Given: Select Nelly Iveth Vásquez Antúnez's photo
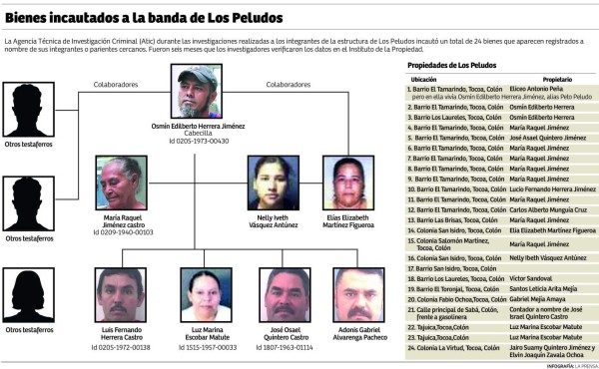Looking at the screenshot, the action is point(273,183).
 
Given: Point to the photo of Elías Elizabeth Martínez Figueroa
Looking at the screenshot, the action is point(348,183).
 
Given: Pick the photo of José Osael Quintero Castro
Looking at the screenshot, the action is point(284,295).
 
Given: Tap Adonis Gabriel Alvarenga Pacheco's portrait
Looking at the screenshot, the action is point(358,295).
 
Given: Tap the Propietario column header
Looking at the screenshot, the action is point(556,79).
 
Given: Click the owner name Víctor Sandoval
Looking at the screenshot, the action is point(531,278).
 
